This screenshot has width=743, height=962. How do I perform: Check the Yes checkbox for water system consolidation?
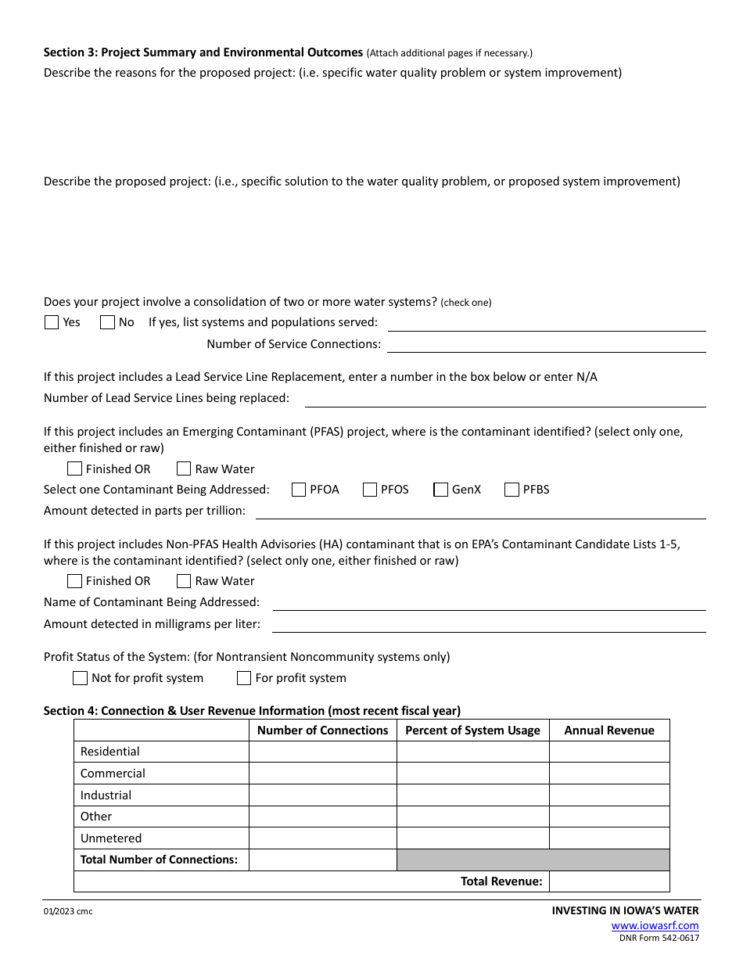(52, 322)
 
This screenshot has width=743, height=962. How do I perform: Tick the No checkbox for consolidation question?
(107, 322)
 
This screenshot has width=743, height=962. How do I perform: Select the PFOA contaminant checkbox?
(299, 490)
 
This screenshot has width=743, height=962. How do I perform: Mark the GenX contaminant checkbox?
(440, 490)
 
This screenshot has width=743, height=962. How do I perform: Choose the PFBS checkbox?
(511, 490)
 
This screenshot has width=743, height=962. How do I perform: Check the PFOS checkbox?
(370, 490)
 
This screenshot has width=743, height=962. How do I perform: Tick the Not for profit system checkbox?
(80, 678)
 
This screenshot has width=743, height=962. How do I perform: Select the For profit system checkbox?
(244, 678)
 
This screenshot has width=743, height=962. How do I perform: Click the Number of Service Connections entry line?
(546, 344)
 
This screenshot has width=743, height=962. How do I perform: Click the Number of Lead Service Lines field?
(504, 398)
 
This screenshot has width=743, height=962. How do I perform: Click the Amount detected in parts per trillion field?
(480, 511)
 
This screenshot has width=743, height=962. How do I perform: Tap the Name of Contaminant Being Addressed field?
(489, 602)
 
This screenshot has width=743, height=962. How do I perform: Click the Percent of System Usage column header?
(472, 730)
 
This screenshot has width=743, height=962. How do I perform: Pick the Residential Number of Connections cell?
(322, 752)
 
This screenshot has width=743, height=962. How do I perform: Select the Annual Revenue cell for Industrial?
(609, 795)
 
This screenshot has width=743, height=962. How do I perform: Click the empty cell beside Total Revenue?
(609, 881)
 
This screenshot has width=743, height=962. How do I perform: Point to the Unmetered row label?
(111, 838)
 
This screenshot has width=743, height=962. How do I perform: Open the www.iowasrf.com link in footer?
(655, 925)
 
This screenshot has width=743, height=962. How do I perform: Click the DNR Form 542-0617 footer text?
(659, 938)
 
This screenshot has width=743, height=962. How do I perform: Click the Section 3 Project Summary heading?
(203, 52)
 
